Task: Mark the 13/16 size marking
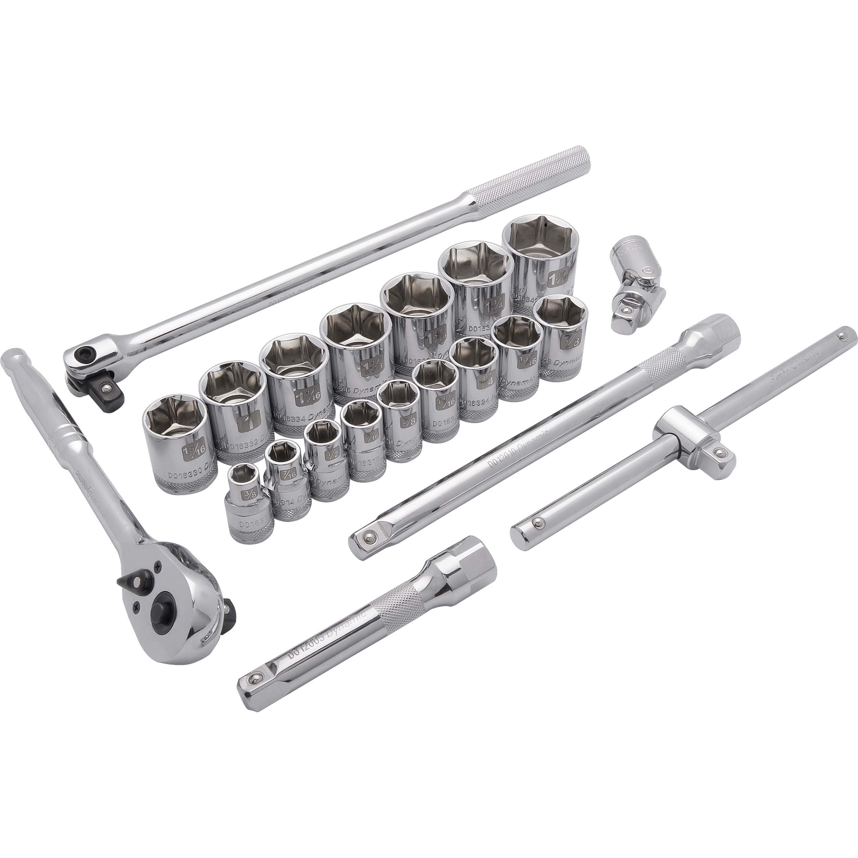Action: (523, 361)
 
